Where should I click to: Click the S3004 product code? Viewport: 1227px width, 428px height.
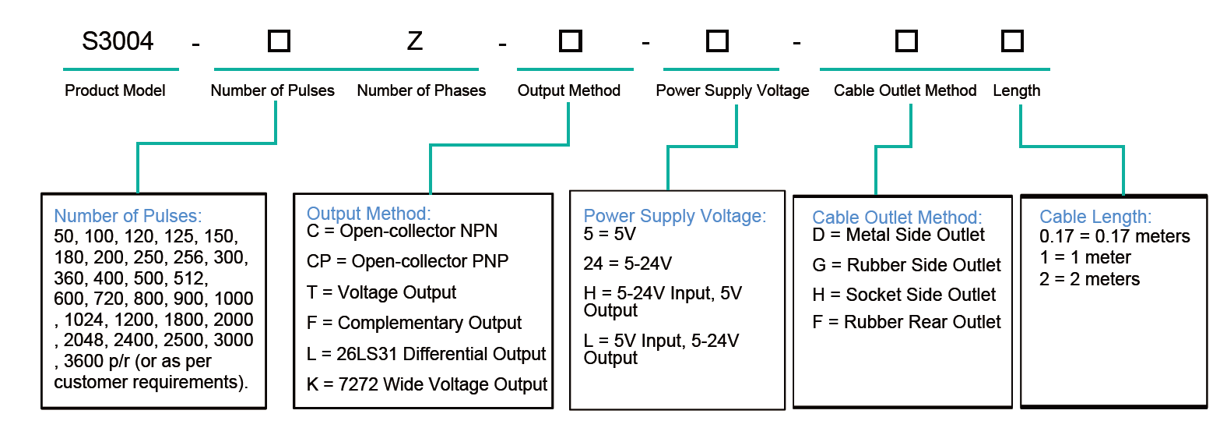pyautogui.click(x=118, y=41)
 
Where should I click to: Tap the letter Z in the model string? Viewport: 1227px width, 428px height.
pyautogui.click(x=415, y=41)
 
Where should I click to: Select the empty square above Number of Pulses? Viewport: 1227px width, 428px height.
pyautogui.click(x=279, y=41)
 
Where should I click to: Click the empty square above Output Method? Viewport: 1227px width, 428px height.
pyautogui.click(x=570, y=41)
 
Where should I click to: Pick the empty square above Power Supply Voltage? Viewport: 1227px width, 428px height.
pyautogui.click(x=717, y=41)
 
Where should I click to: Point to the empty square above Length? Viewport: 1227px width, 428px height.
pyautogui.click(x=1012, y=41)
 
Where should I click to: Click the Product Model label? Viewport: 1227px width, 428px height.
pyautogui.click(x=115, y=90)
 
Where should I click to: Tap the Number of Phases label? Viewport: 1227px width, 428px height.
pyautogui.click(x=421, y=90)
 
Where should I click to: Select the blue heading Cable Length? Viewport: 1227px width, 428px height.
pyautogui.click(x=1095, y=217)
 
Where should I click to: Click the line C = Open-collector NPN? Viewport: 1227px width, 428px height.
pyautogui.click(x=402, y=231)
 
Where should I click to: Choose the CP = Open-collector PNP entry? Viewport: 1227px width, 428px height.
pyautogui.click(x=407, y=261)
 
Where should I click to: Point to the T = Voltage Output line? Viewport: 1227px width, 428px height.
pyautogui.click(x=381, y=292)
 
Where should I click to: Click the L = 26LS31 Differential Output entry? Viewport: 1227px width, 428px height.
pyautogui.click(x=426, y=354)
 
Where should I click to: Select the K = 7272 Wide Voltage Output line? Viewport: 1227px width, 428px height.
pyautogui.click(x=427, y=384)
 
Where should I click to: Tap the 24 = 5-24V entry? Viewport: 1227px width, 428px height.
pyautogui.click(x=628, y=264)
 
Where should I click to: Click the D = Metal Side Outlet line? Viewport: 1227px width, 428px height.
pyautogui.click(x=898, y=235)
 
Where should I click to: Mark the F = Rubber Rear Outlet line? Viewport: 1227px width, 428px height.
pyautogui.click(x=906, y=322)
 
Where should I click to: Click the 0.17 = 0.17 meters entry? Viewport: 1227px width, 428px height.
pyautogui.click(x=1115, y=236)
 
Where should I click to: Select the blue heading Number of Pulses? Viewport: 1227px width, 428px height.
pyautogui.click(x=128, y=216)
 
